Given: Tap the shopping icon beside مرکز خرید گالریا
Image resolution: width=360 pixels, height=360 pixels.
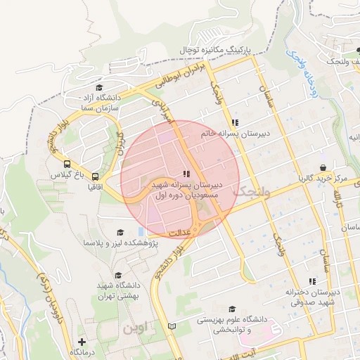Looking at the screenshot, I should pyautogui.click(x=323, y=167).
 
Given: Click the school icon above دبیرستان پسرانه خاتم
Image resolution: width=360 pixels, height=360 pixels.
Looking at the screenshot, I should pyautogui.click(x=235, y=122).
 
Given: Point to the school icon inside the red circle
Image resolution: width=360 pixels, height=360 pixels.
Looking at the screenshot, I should pyautogui.click(x=186, y=174).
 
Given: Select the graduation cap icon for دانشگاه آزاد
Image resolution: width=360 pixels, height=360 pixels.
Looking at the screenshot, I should pyautogui.click(x=99, y=86).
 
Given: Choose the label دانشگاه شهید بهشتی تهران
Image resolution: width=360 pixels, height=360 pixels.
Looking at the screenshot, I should pyautogui.click(x=117, y=291).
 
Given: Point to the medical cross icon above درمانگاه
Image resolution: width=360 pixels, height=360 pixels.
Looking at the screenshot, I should pyautogui.click(x=83, y=341).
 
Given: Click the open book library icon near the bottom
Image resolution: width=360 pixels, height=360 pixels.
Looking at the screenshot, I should pyautogui.click(x=173, y=326).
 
